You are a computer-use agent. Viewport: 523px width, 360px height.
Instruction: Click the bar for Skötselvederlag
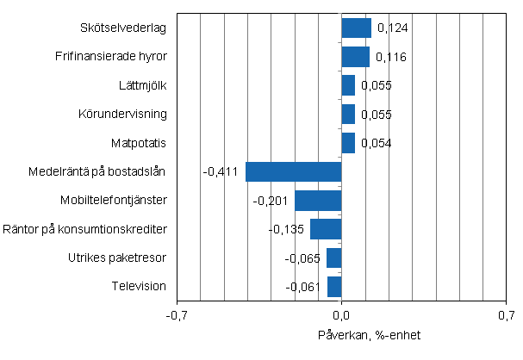356,28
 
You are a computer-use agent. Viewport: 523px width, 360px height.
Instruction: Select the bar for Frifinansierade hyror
355,57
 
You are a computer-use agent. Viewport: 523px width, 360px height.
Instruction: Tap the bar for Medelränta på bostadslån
294,171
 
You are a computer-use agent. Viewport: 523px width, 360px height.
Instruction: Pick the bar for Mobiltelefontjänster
318,201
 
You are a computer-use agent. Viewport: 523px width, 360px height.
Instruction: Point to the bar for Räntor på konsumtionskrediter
326,229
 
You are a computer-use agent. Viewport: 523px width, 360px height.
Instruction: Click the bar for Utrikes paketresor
334,258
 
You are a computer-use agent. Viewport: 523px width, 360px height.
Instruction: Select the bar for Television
334,286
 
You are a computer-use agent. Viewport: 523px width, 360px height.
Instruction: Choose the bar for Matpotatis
348,143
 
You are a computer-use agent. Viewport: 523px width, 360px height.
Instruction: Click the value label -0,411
220,172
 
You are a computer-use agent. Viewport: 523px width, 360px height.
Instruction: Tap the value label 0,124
391,29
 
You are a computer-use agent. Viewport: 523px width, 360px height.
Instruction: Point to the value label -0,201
269,202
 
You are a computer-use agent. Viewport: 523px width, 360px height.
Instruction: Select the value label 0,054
376,144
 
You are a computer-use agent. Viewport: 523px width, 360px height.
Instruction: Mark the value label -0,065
302,258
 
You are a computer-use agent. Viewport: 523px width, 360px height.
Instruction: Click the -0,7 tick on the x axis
177,316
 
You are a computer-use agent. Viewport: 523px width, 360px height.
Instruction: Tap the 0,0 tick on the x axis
342,316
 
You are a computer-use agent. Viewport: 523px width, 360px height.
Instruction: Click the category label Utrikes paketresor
117,258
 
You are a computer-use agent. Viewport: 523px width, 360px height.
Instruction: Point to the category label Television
139,286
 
